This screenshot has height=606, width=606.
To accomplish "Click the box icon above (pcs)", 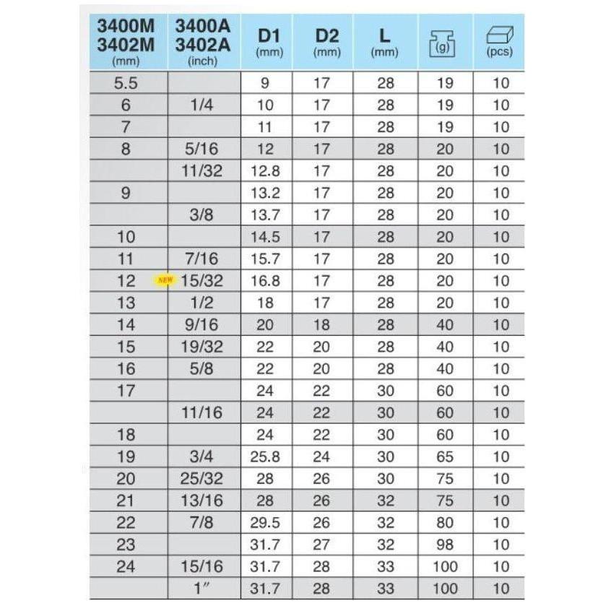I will [499, 35].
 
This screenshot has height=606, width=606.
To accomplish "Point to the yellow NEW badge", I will [165, 280].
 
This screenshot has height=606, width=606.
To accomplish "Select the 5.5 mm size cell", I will [126, 83].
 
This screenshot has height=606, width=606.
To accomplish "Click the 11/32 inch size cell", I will [202, 171].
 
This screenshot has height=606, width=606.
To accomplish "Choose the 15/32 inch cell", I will [202, 281].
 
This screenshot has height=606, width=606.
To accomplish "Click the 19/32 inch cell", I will [202, 347].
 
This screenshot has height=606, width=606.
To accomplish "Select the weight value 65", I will [445, 457].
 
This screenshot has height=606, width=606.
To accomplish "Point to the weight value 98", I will [445, 545].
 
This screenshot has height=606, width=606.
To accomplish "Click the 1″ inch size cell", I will [202, 589].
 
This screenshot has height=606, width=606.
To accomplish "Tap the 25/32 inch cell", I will [202, 479].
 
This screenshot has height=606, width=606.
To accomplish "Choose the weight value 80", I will [445, 523].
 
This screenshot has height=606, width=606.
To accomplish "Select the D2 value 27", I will [321, 545].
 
